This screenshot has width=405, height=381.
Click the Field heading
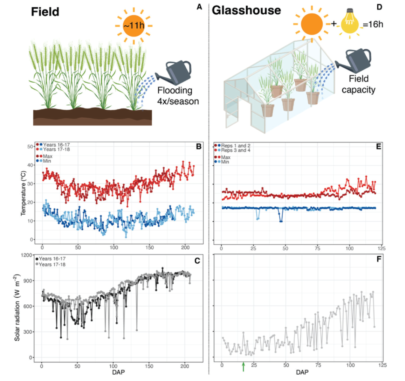(x=45, y=11)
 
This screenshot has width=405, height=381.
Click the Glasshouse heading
(x=246, y=10)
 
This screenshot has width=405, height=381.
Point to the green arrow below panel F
(x=243, y=366)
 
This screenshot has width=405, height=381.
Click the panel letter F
(x=378, y=260)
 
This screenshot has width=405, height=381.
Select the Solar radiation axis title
(x=17, y=307)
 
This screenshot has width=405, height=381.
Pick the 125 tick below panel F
(x=382, y=365)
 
